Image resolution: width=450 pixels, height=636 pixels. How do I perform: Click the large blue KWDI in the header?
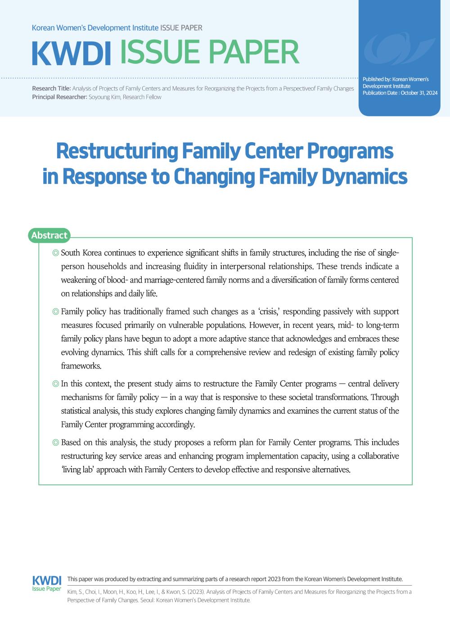[72, 54]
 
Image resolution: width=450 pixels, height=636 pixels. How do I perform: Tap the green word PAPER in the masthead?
[254, 53]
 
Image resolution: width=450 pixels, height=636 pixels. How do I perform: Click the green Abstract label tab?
[49, 235]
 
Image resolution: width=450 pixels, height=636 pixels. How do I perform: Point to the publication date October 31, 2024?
[419, 93]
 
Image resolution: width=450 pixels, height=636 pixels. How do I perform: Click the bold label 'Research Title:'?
[51, 89]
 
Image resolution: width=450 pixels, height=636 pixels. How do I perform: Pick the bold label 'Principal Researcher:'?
[59, 97]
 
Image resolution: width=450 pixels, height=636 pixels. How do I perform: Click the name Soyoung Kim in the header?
[105, 97]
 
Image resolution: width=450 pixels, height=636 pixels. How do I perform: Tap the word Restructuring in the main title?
[117, 152]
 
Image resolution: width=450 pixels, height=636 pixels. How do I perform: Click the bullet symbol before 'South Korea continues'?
[55, 253]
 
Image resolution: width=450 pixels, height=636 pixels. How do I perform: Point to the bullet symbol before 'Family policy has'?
[55, 312]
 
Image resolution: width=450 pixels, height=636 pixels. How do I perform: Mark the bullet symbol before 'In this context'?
[55, 384]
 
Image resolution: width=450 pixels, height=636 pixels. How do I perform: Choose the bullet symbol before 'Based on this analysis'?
[55, 443]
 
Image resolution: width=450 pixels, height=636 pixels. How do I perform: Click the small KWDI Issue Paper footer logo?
[47, 583]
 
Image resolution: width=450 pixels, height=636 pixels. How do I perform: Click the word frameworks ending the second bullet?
[81, 366]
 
